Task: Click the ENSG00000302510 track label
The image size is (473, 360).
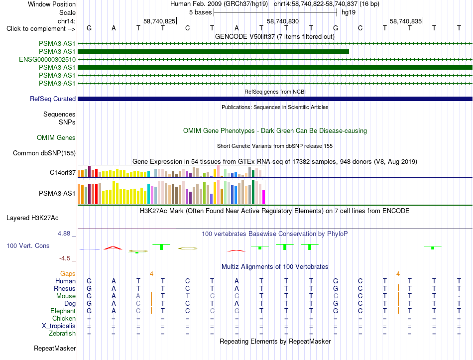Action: [x=47, y=59]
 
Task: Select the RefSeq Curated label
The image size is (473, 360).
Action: [x=53, y=99]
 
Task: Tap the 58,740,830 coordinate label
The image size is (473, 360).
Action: [x=283, y=21]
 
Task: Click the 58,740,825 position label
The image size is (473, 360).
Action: [x=159, y=21]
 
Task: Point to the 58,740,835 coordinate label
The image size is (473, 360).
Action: [x=406, y=21]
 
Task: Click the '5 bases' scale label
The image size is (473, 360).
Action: [x=201, y=12]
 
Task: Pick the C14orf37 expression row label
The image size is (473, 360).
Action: [x=63, y=173]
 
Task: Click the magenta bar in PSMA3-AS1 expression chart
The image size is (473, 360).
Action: [x=264, y=197]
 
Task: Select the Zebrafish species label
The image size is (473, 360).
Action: [x=62, y=334]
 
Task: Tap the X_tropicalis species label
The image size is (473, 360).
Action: [x=59, y=326]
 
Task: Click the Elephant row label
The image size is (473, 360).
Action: [x=63, y=311]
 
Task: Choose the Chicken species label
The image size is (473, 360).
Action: [x=64, y=318]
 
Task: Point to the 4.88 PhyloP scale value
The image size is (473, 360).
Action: [x=64, y=234]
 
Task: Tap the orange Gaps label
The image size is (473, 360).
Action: [x=68, y=274]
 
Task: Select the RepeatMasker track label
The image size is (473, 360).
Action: [x=55, y=348]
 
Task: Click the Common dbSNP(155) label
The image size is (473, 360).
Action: [x=44, y=153]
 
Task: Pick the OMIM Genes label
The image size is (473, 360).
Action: [x=56, y=138]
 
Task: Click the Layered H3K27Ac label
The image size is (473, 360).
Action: [x=32, y=218]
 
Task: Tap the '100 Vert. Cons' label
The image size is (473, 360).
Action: [x=28, y=246]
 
